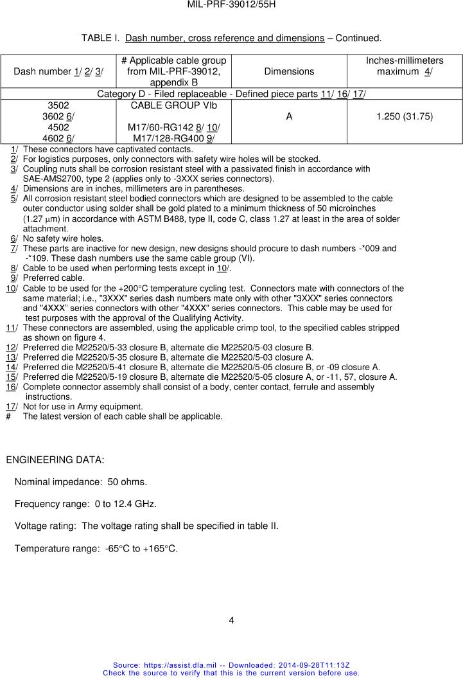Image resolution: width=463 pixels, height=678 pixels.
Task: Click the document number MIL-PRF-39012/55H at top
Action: [231, 4]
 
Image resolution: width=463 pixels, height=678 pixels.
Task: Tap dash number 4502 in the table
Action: [58, 127]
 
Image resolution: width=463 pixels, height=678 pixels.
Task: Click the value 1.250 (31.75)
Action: [405, 116]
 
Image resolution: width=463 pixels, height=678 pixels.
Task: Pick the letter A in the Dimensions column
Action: [289, 116]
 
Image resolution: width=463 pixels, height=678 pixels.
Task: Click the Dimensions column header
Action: [289, 71]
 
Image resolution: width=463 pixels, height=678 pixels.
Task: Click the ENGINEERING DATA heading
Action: [55, 460]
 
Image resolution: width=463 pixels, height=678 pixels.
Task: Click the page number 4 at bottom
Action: [231, 620]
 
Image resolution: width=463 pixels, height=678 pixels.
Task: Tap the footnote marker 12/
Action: [11, 347]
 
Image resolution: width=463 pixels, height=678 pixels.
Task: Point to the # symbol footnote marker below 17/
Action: [8, 416]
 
